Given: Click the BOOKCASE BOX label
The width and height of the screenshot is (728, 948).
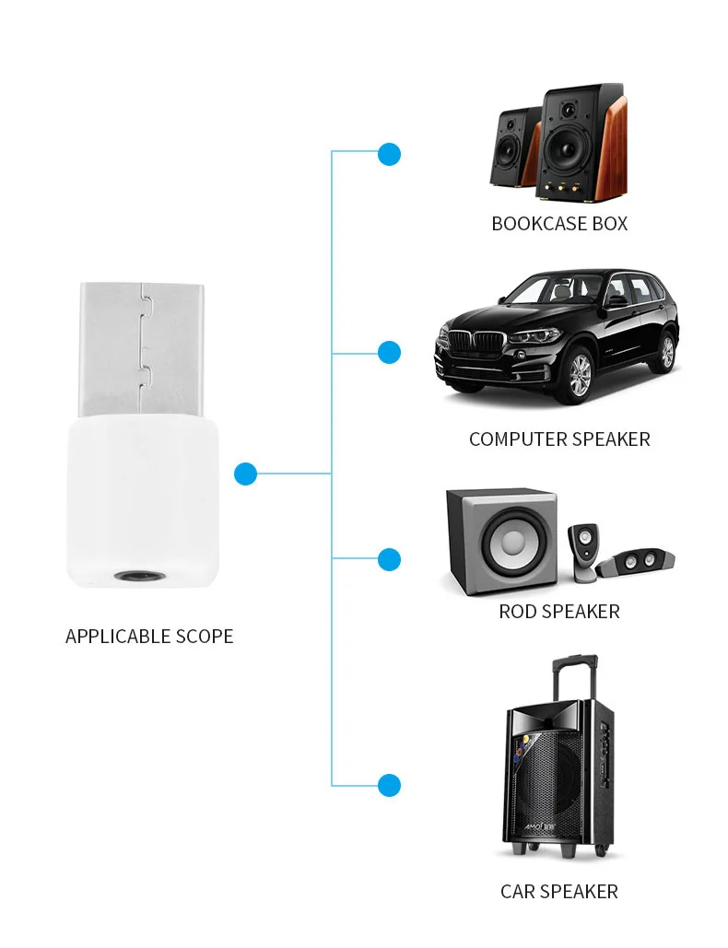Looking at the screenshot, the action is coord(559,224).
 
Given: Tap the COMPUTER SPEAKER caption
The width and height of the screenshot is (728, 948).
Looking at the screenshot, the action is coord(559,439).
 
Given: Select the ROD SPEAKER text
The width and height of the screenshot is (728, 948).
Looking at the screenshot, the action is coord(559,612).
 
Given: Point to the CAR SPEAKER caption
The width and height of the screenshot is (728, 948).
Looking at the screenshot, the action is coord(559,892).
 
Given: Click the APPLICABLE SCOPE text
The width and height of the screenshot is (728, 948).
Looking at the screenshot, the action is coord(149,637).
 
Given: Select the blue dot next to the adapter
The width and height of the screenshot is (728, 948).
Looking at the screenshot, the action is coord(245,474).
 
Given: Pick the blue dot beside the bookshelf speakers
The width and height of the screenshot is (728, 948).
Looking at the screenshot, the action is coord(390,154).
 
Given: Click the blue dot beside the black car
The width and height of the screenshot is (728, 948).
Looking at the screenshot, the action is coord(390,352).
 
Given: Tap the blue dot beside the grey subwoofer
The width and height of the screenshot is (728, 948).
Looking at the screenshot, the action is coord(390,559).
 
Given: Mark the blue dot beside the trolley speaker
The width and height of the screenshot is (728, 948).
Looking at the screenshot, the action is coord(390,786).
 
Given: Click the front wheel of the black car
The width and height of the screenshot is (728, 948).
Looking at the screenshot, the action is coord(579,374).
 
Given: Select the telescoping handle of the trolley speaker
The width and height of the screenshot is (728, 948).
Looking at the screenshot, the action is coord(575,677).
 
